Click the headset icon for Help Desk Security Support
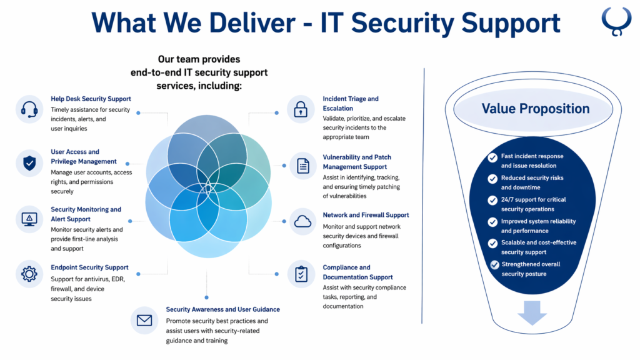29,109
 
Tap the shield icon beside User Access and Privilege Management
29,163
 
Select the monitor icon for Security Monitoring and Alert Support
29,219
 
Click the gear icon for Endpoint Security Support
29,274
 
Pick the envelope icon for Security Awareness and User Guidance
144,321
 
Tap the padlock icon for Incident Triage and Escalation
301,108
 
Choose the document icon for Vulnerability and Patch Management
302,166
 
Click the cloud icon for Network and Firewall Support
302,221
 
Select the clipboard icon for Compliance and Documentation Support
301,274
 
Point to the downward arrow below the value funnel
532,312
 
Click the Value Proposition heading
535,109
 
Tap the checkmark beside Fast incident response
494,157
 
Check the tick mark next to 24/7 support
494,200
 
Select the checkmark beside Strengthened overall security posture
494,265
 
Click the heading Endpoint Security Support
89,267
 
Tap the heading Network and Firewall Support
366,215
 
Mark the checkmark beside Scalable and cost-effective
494,243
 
